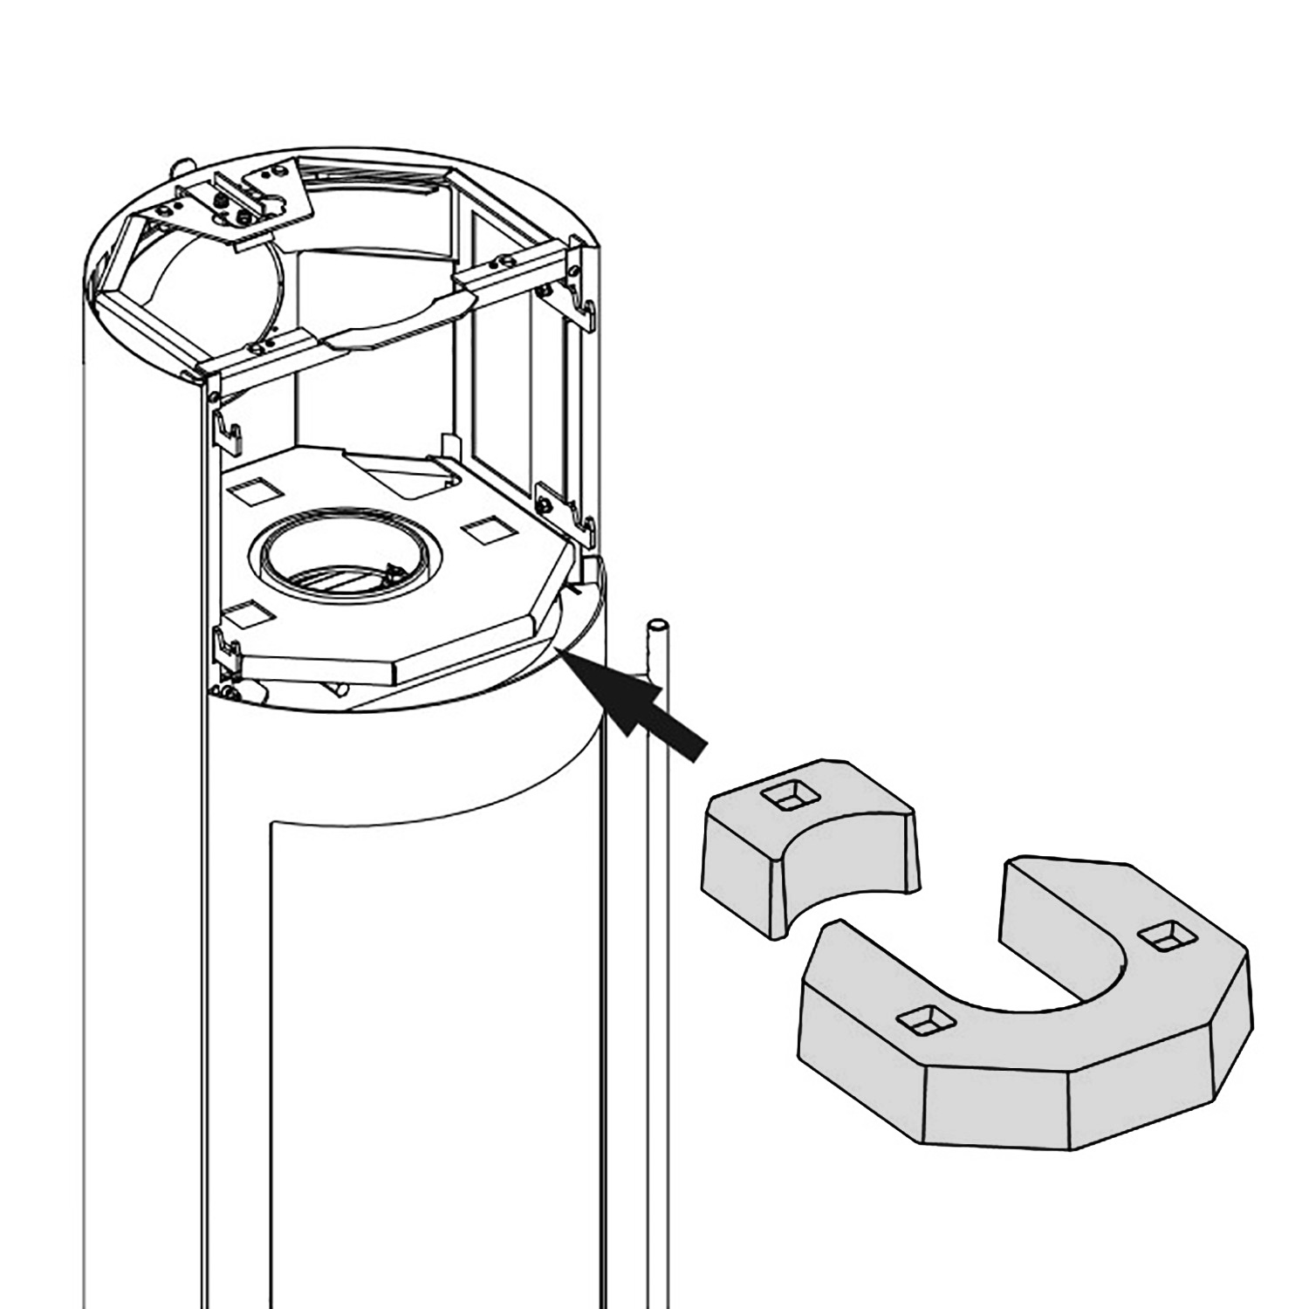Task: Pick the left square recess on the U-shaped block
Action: click(x=927, y=1018)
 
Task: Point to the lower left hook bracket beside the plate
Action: click(x=229, y=644)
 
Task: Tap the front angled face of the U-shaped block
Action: click(x=995, y=1108)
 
